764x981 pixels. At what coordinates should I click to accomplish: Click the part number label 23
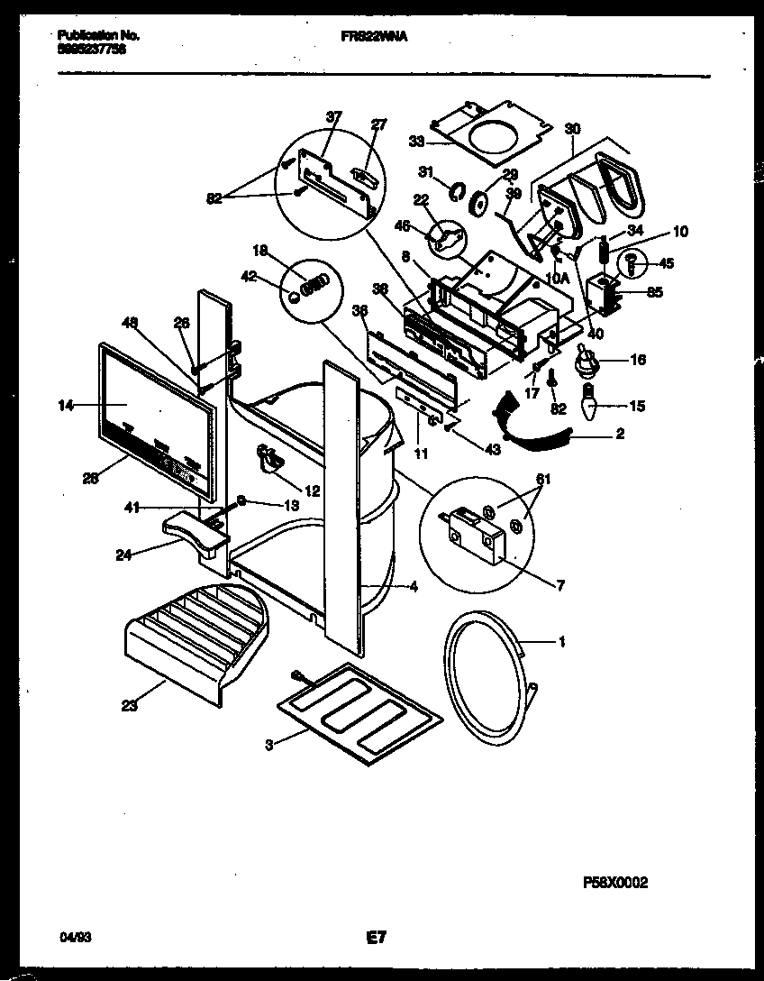tap(129, 707)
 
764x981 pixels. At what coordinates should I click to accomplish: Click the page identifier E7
tap(376, 938)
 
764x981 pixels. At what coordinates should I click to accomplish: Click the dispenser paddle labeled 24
tap(195, 531)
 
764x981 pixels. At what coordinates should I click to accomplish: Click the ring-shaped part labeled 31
tap(456, 189)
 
